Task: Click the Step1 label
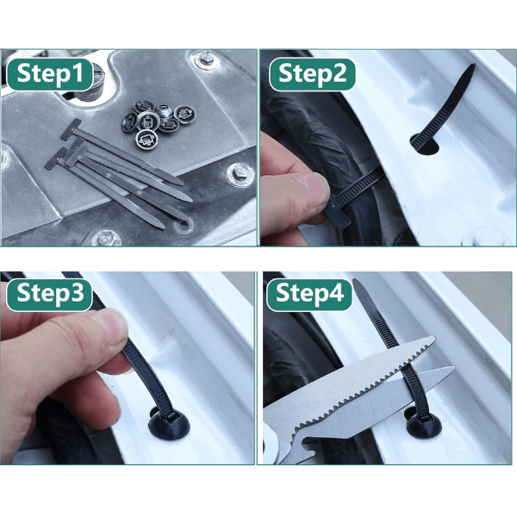click(x=50, y=74)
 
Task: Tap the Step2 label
click(x=312, y=74)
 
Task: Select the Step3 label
click(x=49, y=294)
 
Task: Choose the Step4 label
click(x=309, y=294)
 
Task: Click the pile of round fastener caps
click(x=158, y=122)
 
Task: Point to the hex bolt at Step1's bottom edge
click(x=108, y=238)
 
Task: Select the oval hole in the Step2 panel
click(x=426, y=145)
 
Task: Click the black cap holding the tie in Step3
click(x=169, y=425)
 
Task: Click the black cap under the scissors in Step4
click(x=424, y=426)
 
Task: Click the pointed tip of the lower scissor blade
click(x=453, y=368)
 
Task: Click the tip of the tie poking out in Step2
click(x=471, y=66)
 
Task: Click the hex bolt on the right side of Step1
click(x=240, y=173)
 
